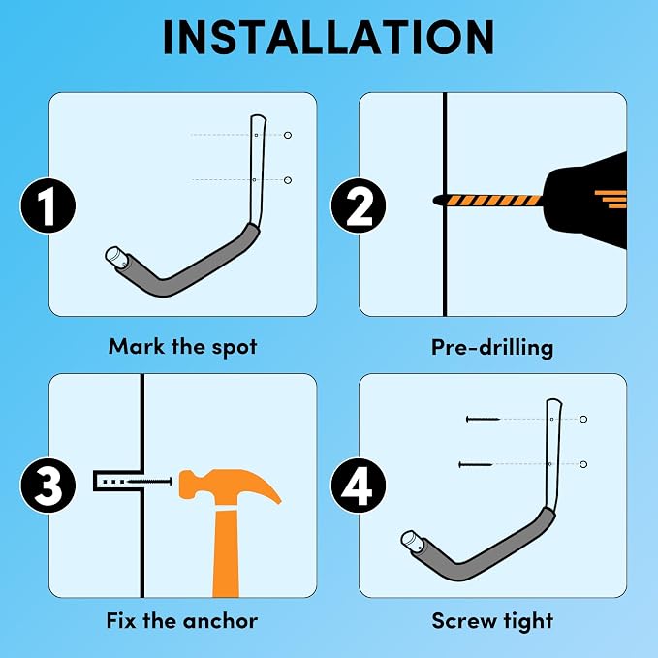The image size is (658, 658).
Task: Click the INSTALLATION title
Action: pos(329,38)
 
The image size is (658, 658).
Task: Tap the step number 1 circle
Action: pos(47,205)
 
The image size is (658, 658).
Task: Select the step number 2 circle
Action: pos(358,205)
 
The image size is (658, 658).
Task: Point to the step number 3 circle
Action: pos(47,486)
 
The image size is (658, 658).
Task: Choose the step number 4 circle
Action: pos(358,486)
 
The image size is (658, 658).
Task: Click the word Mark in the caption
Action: pos(137,347)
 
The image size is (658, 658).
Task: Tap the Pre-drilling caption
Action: pos(492,348)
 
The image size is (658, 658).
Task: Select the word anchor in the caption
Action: pos(220,621)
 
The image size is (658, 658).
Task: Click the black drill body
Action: pos(585,201)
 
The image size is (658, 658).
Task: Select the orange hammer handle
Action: pos(226,553)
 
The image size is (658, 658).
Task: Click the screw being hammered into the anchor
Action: pos(150,482)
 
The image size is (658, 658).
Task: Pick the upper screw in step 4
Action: pos(483,419)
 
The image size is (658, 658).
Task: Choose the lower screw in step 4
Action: pos(476,464)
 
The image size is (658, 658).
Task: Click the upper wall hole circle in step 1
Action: pos(288,135)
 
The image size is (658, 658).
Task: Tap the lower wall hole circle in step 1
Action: pos(288,180)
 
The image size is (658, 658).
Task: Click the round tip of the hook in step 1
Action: pos(112,255)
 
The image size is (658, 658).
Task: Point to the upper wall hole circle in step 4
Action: pos(583,419)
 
